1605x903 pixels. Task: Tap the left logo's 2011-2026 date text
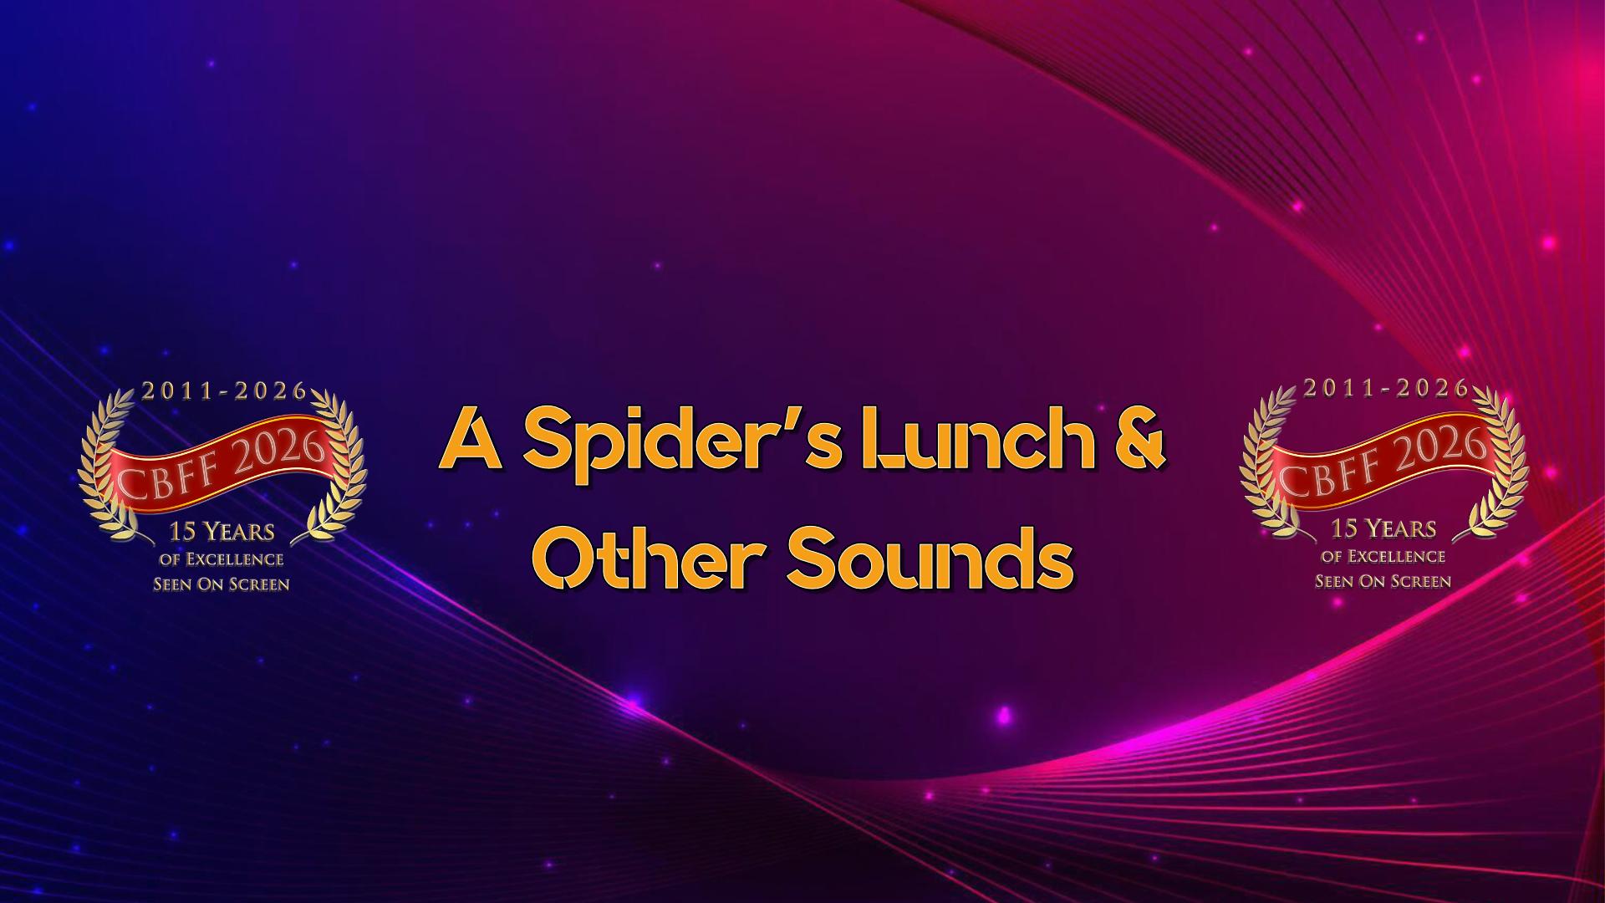[x=225, y=391]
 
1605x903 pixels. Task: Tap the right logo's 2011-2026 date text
[x=1386, y=388]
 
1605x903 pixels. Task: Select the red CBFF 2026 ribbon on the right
[x=1383, y=457]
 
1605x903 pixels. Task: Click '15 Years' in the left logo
[x=222, y=532]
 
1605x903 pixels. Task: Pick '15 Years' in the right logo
[x=1383, y=528]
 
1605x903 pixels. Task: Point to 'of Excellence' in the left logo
[x=222, y=559]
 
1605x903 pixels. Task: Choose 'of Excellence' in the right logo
[x=1383, y=556]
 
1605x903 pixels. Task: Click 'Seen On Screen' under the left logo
[x=222, y=584]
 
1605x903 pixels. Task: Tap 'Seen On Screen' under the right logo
[x=1383, y=581]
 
